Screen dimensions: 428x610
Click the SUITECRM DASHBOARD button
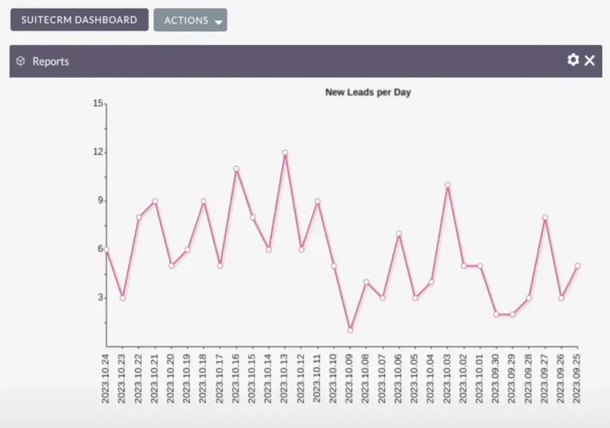point(79,20)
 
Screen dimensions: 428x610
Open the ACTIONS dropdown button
point(190,21)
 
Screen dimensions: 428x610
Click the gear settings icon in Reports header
point(573,60)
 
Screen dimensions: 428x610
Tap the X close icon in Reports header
point(589,60)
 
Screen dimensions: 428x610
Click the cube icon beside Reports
point(21,61)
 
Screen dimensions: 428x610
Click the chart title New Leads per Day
point(368,92)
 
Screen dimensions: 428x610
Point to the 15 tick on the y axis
point(98,103)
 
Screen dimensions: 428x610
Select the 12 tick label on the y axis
point(98,152)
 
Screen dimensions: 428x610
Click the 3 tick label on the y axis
point(100,298)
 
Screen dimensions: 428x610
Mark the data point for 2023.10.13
point(285,153)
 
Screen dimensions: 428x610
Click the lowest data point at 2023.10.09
point(350,330)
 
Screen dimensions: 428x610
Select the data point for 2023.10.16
point(236,169)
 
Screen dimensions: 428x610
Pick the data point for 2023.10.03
point(448,185)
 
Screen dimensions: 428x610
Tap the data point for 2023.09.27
point(545,217)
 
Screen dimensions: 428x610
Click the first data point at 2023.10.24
point(107,249)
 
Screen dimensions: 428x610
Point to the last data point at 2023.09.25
point(577,265)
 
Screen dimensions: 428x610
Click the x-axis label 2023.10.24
point(107,378)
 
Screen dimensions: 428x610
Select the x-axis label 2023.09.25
point(577,378)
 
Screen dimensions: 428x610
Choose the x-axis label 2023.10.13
point(285,378)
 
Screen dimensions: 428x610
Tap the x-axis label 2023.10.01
point(480,378)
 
